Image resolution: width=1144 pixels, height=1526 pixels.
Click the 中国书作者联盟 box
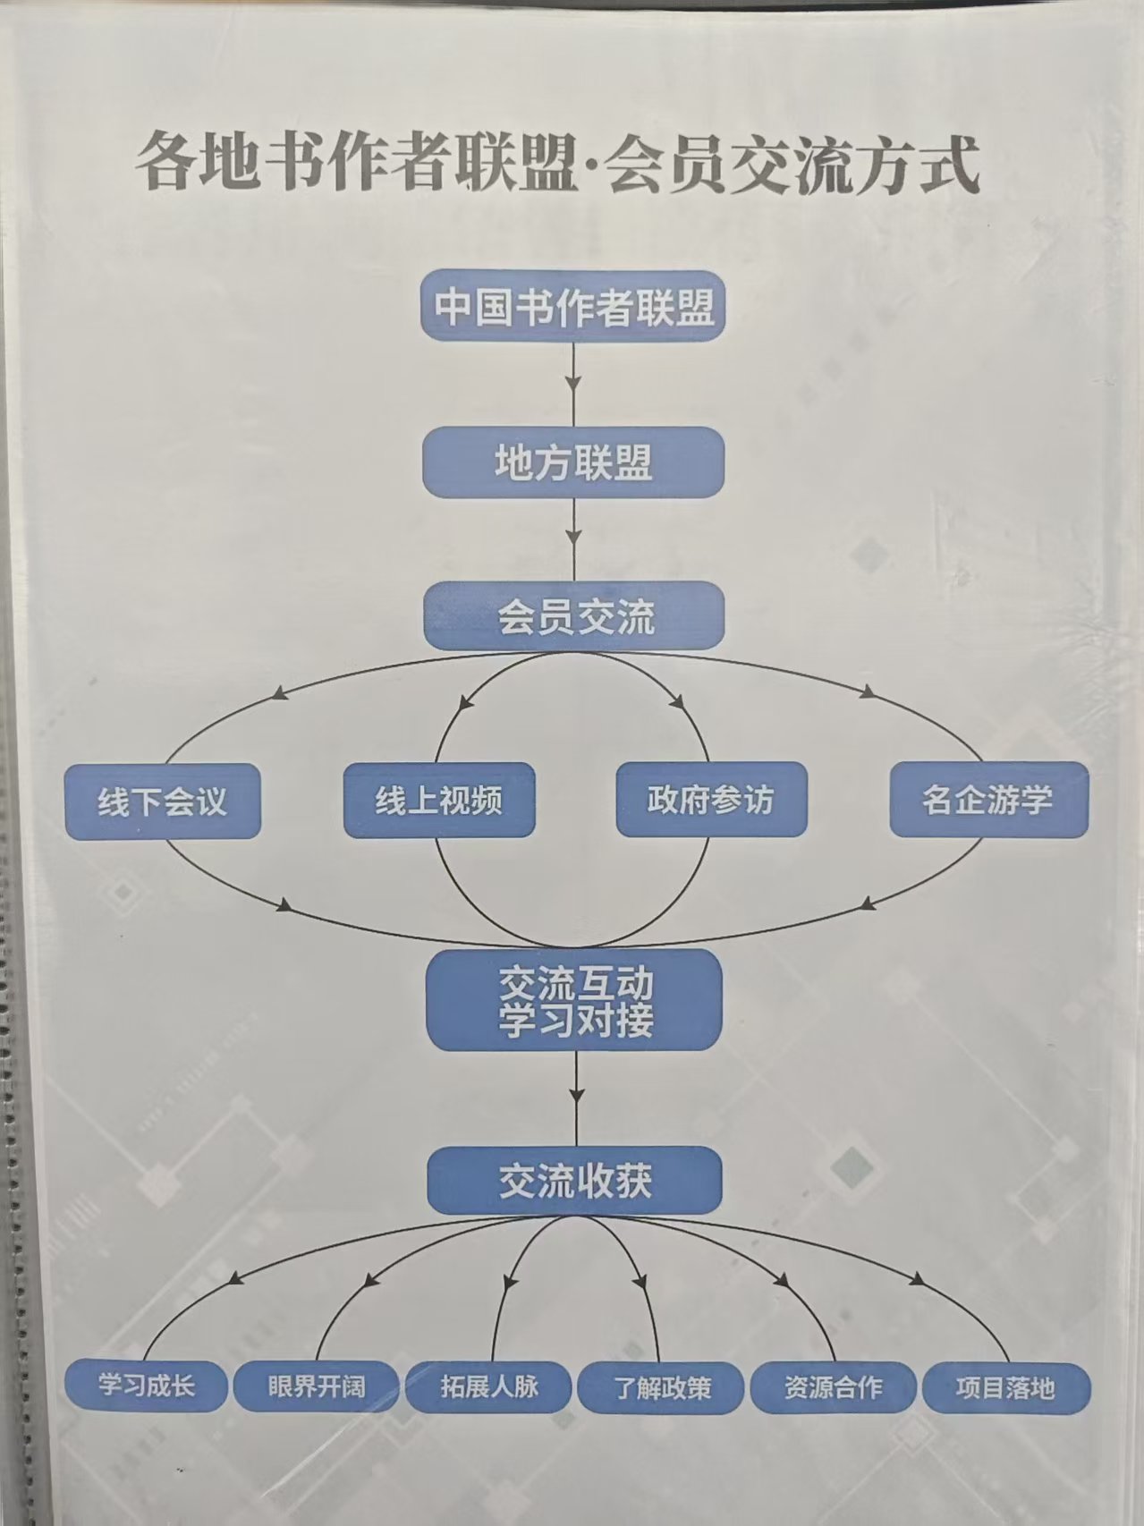572,306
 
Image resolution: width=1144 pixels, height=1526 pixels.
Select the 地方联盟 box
573,462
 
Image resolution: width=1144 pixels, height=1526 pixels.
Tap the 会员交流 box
573,615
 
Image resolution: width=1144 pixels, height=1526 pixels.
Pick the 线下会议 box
163,801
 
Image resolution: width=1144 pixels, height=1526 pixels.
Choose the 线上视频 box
439,800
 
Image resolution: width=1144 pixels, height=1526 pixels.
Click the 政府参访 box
711,800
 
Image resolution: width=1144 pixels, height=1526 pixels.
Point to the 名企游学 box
988,800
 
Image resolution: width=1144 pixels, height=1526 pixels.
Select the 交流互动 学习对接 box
574,999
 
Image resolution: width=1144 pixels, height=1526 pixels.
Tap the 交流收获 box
574,1182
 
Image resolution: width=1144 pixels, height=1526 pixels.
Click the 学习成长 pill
146,1387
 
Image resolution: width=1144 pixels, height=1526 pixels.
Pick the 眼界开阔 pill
317,1387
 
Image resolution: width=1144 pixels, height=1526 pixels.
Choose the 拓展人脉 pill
488,1387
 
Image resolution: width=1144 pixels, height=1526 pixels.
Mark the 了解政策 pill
661,1389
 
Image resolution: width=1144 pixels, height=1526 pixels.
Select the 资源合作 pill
833,1388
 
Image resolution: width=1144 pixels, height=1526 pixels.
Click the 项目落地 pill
1006,1389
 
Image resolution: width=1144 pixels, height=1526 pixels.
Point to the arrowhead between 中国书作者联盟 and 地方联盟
573,384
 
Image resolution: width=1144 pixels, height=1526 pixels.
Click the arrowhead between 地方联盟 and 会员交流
573,538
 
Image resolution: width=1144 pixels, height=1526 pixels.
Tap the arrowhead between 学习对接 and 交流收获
576,1096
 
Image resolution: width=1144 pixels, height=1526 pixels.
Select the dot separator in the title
589,167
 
